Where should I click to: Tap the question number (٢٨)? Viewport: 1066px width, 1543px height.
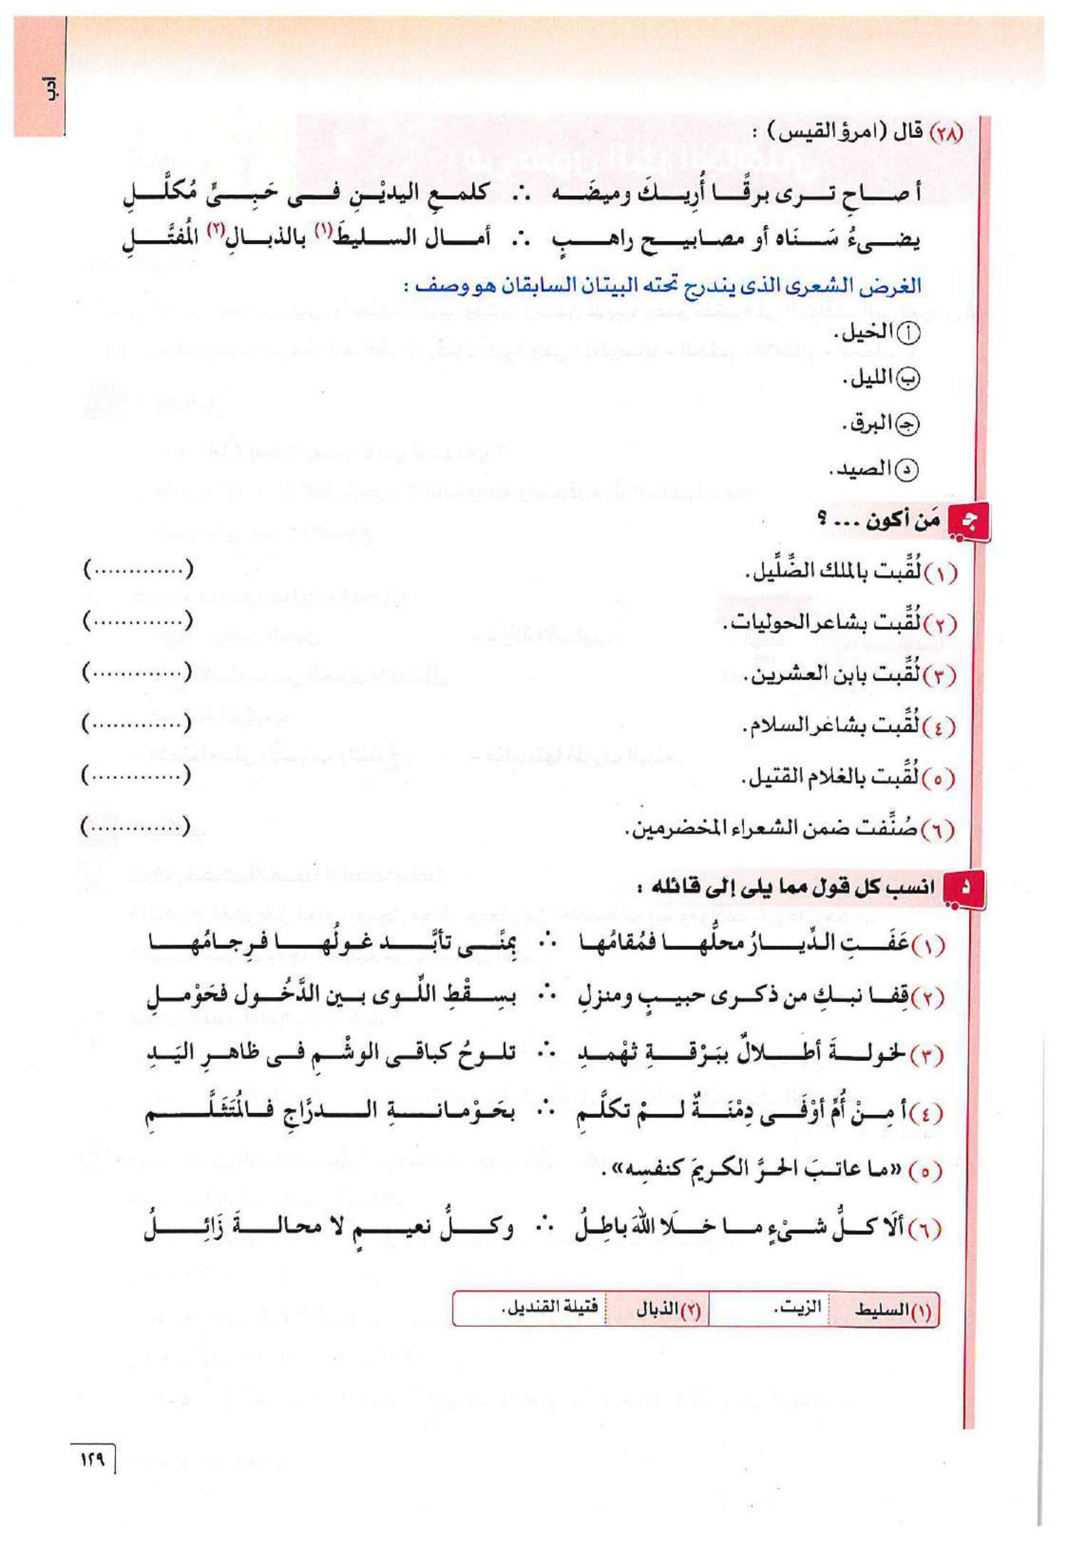click(x=945, y=131)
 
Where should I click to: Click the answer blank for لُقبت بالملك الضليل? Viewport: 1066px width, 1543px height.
click(x=139, y=570)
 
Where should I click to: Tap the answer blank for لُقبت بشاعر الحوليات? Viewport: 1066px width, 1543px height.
click(x=139, y=622)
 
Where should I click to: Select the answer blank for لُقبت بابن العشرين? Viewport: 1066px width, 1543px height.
click(x=139, y=673)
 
